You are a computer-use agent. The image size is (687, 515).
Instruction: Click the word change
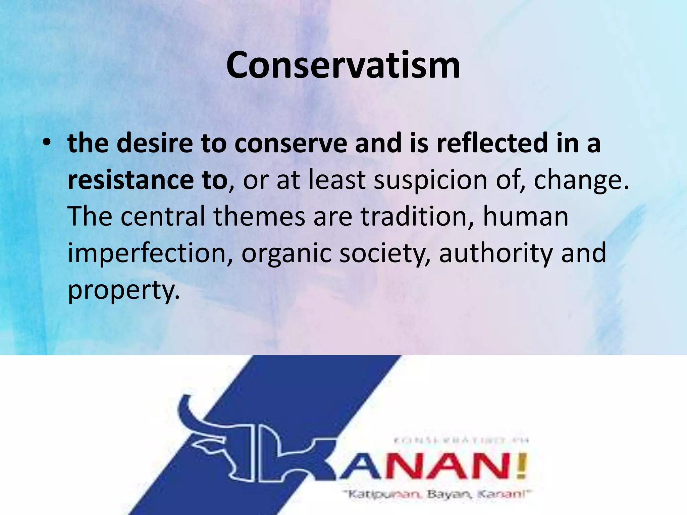click(x=580, y=180)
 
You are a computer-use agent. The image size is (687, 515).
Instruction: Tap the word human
click(x=525, y=216)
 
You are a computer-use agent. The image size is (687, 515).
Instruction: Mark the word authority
click(x=496, y=253)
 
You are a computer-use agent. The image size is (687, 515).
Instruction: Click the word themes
click(x=259, y=216)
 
